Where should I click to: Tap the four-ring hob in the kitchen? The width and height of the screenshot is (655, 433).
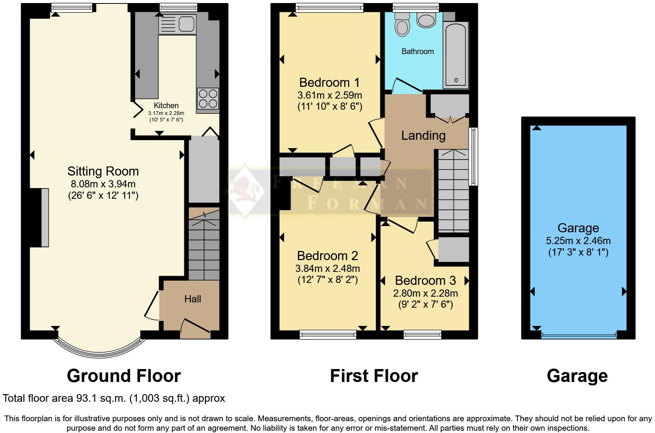point(208,98)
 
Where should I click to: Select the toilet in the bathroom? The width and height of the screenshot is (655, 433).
point(402,24)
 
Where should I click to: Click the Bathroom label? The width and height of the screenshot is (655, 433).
point(418,51)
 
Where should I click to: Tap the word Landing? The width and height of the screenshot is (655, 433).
point(423,136)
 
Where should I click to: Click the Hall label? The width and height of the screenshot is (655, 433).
point(193,299)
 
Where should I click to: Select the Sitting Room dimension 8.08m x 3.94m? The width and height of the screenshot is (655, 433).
point(103,184)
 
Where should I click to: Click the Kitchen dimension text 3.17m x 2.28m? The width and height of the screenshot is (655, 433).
point(166,113)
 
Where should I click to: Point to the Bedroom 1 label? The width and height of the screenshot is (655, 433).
point(329,82)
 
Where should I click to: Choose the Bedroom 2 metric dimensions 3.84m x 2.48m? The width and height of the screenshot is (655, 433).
point(327,268)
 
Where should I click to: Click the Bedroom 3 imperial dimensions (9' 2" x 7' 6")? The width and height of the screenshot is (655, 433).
point(425,304)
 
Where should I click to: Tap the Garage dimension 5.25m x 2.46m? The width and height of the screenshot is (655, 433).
point(578,241)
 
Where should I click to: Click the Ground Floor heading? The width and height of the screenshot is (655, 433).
point(124,376)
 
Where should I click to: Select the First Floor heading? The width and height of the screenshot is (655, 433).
point(374,376)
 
